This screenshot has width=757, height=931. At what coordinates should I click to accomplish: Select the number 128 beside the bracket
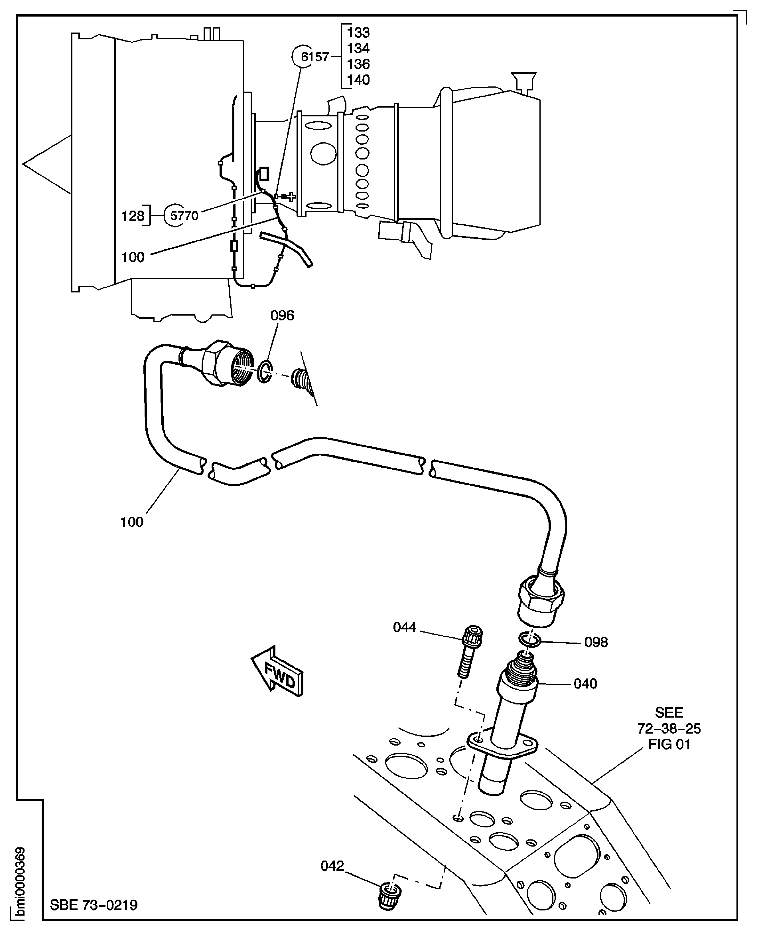coord(133,215)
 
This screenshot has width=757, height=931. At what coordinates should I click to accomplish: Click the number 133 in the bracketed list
coord(358,33)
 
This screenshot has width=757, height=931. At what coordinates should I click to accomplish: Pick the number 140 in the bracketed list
coord(358,80)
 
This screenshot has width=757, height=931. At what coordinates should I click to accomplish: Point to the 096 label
coord(282,315)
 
